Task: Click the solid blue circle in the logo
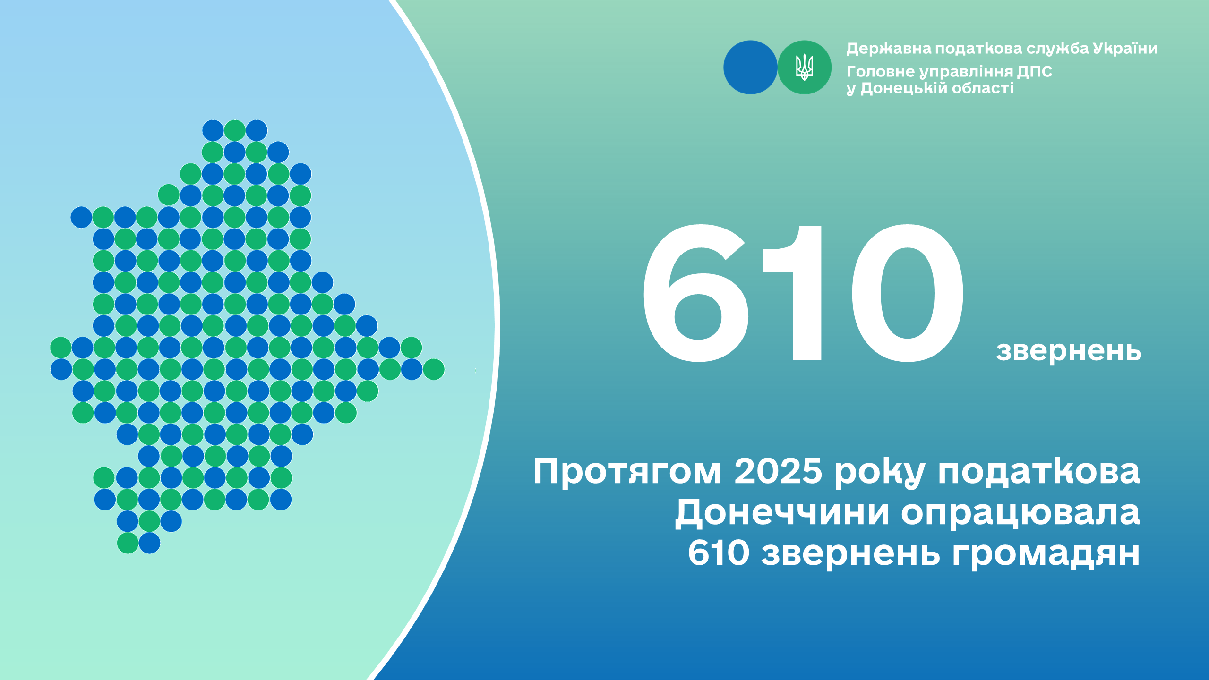click(x=750, y=67)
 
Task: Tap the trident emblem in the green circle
click(x=804, y=67)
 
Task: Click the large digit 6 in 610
click(x=695, y=293)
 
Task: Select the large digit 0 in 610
click(x=908, y=293)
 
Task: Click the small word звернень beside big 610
click(x=1069, y=351)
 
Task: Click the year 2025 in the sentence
click(x=778, y=471)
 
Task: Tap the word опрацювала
click(x=1020, y=513)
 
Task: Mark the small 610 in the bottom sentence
click(x=718, y=552)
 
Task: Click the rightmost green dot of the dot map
click(x=434, y=369)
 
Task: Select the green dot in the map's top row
click(x=235, y=130)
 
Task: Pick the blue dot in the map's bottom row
click(x=149, y=543)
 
